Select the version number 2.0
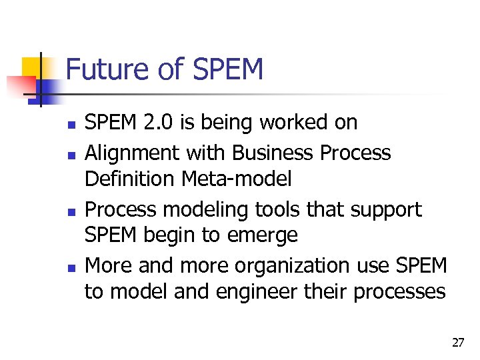click(157, 122)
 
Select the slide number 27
click(457, 343)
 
